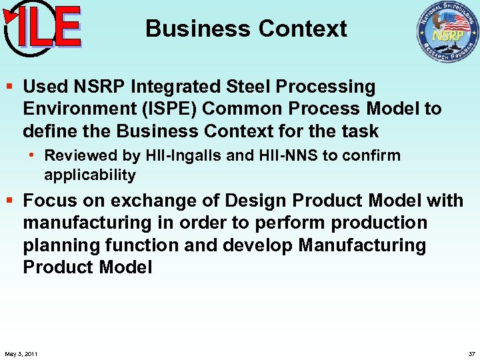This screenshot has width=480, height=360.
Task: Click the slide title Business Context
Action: [x=246, y=29]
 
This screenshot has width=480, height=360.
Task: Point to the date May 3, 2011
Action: [x=21, y=353]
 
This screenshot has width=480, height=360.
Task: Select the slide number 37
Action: [x=472, y=353]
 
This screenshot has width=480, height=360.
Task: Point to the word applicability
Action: [x=90, y=175]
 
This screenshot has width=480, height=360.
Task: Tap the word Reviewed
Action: [x=75, y=155]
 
